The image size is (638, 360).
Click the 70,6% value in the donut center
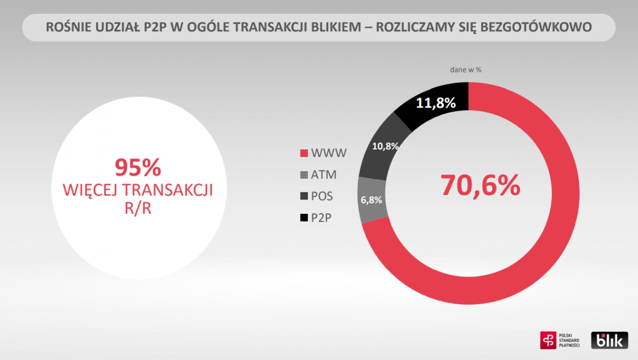point(480,185)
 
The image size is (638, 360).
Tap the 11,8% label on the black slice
point(435,103)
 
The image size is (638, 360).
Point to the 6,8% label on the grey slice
point(371,200)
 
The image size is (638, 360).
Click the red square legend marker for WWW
point(304,154)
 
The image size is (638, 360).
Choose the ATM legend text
point(324,174)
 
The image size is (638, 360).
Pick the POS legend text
point(322,196)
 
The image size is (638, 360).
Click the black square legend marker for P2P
point(304,217)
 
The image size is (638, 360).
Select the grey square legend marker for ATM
point(304,174)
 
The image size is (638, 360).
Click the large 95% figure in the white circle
point(138,168)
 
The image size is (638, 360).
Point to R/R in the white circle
point(138,208)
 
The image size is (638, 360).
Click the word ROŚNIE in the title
point(68,27)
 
